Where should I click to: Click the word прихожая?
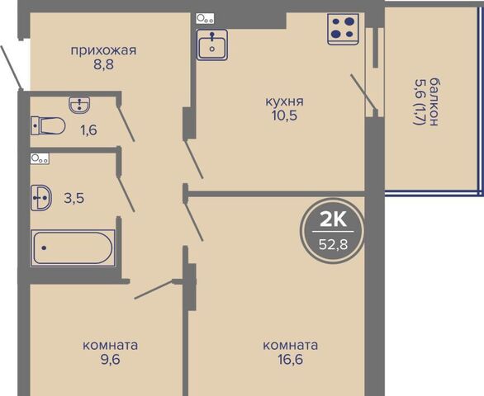point(103,50)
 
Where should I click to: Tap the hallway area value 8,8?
point(104,65)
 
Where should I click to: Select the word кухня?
point(285,101)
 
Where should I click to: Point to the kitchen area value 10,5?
point(284,115)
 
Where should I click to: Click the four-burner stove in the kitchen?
point(344,29)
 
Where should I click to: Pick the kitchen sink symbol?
point(211,45)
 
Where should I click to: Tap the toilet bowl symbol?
point(48,125)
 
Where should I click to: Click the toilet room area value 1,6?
point(89,130)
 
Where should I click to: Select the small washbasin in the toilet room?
point(79,105)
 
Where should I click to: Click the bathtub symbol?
point(72,248)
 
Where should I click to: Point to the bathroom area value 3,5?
point(74,198)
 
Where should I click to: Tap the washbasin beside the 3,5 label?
point(41,198)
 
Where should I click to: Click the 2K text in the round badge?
point(333,220)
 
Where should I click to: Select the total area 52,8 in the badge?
point(333,245)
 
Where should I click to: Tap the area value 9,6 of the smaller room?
point(110,360)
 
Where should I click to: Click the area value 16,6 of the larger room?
point(290,360)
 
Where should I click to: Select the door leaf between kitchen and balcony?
point(363,92)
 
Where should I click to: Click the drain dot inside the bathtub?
point(44,247)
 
